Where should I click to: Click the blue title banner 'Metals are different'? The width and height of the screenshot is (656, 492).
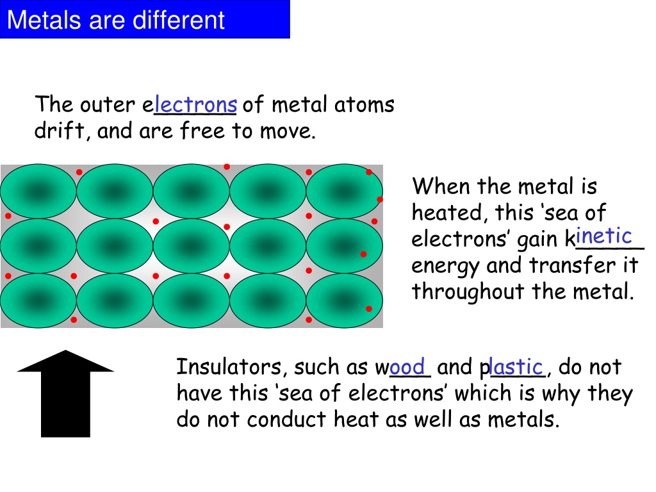(145, 19)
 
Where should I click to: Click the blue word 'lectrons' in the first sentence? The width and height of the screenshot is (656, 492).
(196, 104)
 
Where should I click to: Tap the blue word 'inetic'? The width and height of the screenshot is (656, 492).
(603, 236)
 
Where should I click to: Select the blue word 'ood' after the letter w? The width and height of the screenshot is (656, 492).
(407, 367)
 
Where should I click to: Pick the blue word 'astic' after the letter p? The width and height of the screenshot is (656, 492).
(516, 367)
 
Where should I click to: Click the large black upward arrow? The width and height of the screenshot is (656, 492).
(65, 394)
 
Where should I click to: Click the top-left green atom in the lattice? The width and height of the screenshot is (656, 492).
(38, 191)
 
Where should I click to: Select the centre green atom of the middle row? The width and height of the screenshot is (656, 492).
(191, 246)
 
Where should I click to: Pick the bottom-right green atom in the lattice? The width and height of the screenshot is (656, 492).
(344, 300)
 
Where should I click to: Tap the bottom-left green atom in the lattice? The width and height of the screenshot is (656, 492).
(38, 300)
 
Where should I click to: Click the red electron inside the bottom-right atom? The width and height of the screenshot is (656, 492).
(369, 309)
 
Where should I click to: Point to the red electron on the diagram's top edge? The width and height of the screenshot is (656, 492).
(227, 167)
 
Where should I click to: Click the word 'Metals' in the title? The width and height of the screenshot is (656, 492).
(44, 20)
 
